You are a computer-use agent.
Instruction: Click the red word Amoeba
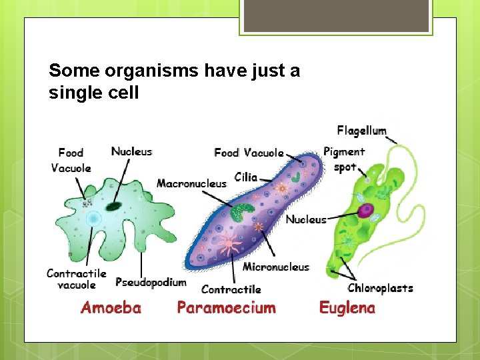coord(111,307)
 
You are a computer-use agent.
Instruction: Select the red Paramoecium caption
coord(226,307)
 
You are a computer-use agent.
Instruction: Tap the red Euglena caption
coord(347,307)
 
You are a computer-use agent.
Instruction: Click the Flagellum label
coord(361,130)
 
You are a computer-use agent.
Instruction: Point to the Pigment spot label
coord(344,159)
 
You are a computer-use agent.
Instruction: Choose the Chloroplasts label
coord(380,288)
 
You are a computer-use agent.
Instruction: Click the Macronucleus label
coord(191,183)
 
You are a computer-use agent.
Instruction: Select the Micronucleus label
coord(276,267)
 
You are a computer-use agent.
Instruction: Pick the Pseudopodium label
coord(151,283)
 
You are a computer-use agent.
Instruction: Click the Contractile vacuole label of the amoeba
coord(76,279)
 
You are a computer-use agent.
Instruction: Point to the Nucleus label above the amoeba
coord(131,151)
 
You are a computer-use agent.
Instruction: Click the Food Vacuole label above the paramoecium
coord(249,153)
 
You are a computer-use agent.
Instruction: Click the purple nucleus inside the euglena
coord(365,211)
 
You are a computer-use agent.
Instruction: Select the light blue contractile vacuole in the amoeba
coord(93,219)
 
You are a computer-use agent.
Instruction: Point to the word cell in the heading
coord(121,93)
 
